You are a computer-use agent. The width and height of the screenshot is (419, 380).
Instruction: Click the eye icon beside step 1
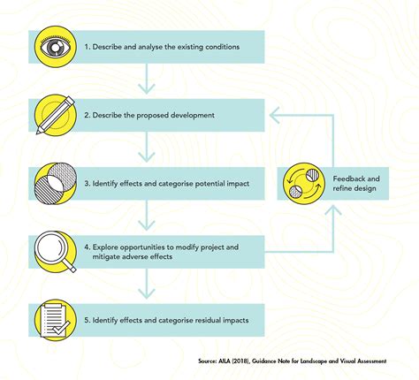(x=56, y=47)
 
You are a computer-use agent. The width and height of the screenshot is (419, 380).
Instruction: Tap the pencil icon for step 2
(x=56, y=115)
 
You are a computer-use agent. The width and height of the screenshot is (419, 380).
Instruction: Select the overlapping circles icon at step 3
(x=56, y=184)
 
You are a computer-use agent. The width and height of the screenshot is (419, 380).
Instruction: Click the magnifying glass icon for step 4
(x=56, y=252)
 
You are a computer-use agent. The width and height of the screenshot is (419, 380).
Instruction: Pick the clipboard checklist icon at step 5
(x=56, y=320)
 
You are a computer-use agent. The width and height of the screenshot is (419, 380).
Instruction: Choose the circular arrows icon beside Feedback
(x=304, y=184)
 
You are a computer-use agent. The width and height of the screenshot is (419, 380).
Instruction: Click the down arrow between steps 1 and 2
(x=147, y=79)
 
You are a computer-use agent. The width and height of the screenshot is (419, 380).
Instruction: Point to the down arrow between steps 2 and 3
(x=147, y=147)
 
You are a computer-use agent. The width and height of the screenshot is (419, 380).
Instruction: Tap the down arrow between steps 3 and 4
(x=147, y=216)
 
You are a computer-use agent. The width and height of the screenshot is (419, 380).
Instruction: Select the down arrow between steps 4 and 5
(x=147, y=284)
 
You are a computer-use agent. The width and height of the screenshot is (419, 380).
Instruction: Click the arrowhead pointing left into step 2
(x=275, y=115)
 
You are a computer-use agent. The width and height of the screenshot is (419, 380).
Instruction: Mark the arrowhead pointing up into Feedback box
(x=333, y=210)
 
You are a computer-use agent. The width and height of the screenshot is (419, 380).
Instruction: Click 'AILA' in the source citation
(x=223, y=361)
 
